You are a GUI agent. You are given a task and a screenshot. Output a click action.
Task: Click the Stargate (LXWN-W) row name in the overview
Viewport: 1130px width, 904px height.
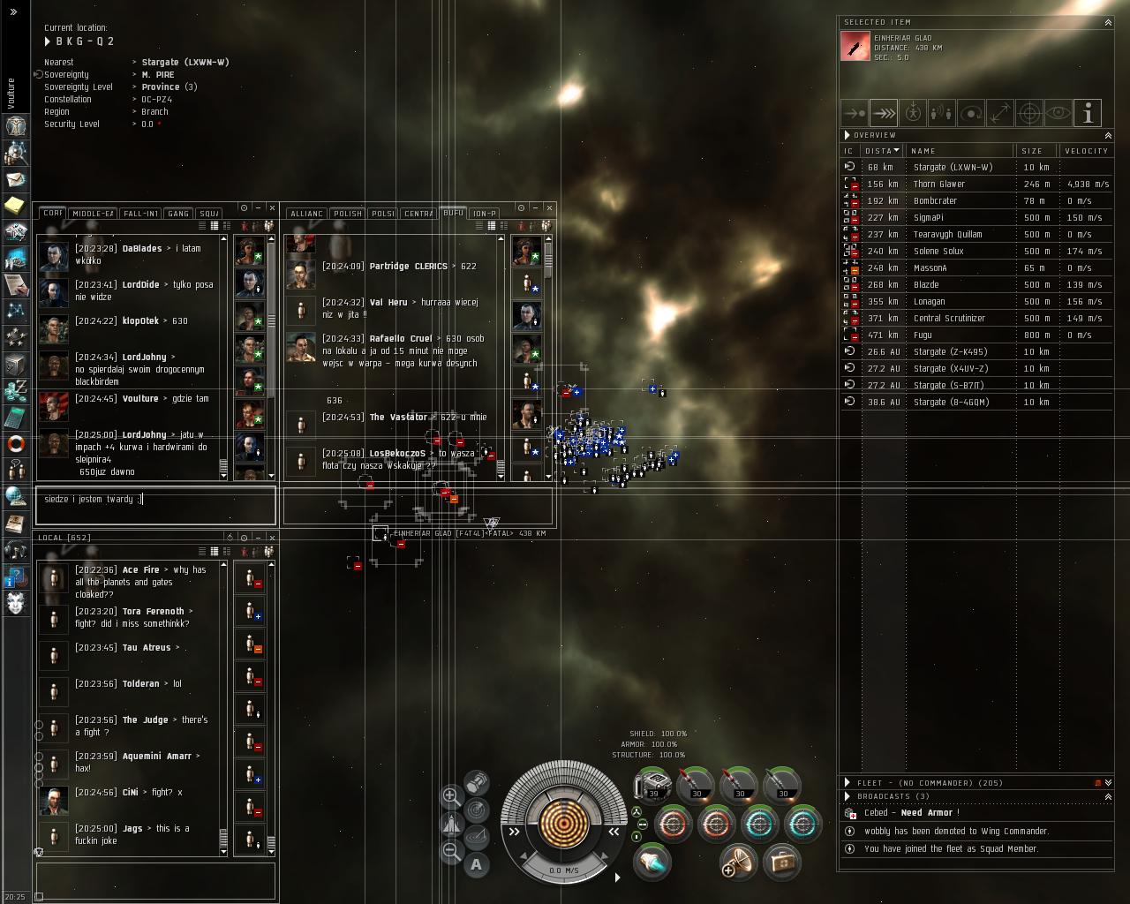pos(953,167)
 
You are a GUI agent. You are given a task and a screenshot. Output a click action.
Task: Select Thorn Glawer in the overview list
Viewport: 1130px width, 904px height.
pos(938,184)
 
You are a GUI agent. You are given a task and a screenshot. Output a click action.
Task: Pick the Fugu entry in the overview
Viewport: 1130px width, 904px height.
pos(923,335)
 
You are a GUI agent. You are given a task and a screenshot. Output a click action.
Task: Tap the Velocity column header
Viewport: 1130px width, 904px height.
pos(1086,151)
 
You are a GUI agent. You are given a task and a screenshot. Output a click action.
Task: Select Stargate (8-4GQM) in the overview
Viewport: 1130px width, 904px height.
pos(951,402)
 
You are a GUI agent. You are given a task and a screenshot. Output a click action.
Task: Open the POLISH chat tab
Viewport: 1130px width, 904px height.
pos(347,214)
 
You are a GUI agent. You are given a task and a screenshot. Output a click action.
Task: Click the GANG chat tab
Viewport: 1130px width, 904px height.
pos(178,214)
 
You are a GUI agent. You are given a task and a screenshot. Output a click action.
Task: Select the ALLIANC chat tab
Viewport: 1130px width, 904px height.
pos(306,214)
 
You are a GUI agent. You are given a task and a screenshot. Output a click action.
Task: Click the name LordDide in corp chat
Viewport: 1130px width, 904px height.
pos(140,285)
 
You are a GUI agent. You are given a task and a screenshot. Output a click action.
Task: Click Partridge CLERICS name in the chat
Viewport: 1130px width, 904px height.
pos(408,267)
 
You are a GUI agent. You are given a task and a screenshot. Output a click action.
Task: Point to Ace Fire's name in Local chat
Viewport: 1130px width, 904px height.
pos(140,570)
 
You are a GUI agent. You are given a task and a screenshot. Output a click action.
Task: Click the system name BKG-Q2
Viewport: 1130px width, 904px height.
pos(85,41)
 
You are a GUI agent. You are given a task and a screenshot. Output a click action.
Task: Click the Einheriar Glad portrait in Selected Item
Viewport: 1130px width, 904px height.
pos(855,46)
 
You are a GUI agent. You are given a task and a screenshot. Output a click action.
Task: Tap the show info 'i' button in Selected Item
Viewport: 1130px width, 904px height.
pos(1088,113)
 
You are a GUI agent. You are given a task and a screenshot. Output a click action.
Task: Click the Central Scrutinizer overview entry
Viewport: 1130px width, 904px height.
pos(949,318)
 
